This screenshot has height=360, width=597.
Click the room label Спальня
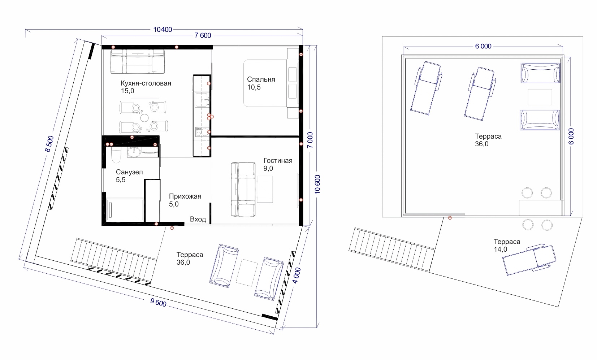pyautogui.click(x=261, y=79)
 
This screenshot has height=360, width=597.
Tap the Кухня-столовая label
pyautogui.click(x=146, y=83)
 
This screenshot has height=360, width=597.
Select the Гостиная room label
pyautogui.click(x=278, y=160)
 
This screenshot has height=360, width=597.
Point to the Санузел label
pyautogui.click(x=129, y=172)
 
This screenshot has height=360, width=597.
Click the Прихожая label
pyautogui.click(x=185, y=196)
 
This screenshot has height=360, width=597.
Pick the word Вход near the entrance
pyautogui.click(x=198, y=219)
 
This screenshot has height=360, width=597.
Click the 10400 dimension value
pyautogui.click(x=163, y=30)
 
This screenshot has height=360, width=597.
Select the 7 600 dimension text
pyautogui.click(x=203, y=35)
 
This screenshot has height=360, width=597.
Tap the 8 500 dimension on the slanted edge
pyautogui.click(x=49, y=144)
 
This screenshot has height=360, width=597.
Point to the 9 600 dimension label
pyautogui.click(x=158, y=303)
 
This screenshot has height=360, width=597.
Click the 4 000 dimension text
pyautogui.click(x=297, y=276)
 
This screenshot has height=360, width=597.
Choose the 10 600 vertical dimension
pyautogui.click(x=317, y=185)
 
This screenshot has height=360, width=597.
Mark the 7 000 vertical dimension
pyautogui.click(x=310, y=140)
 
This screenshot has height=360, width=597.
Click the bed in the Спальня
pyautogui.click(x=271, y=83)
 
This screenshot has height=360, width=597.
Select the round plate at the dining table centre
pyautogui.click(x=144, y=117)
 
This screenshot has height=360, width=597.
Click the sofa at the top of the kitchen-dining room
pyautogui.click(x=138, y=61)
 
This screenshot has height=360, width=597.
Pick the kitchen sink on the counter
pyautogui.click(x=202, y=99)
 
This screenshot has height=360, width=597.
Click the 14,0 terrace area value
pyautogui.click(x=500, y=250)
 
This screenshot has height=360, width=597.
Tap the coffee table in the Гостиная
pyautogui.click(x=265, y=190)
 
